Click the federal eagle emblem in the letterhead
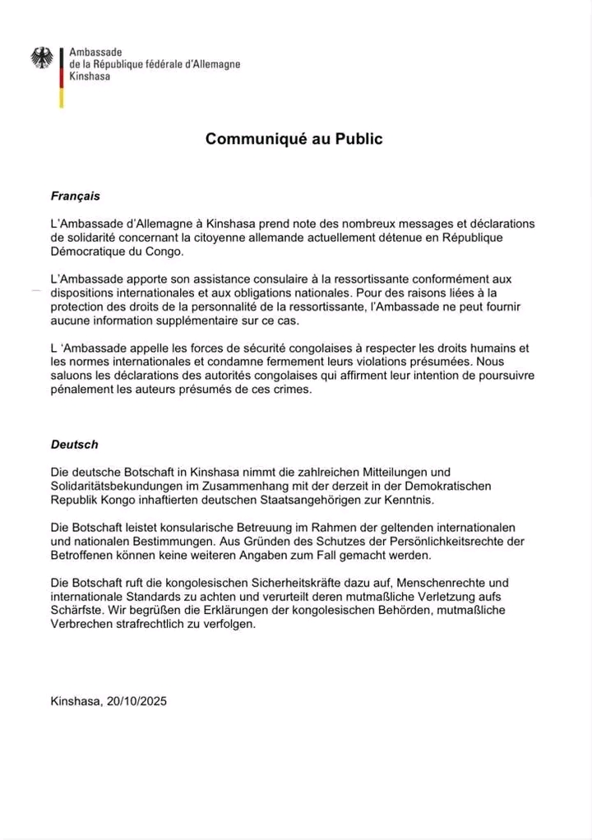[42, 58]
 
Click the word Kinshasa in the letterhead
[90, 76]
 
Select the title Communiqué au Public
[294, 139]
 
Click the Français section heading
[76, 196]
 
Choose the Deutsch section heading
[74, 444]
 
